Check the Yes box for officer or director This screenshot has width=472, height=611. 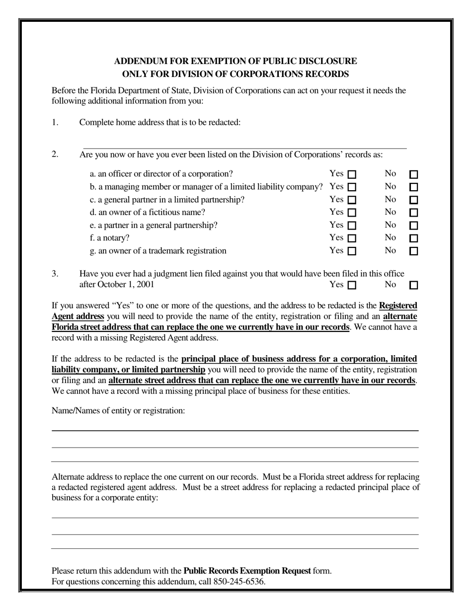[x=352, y=174]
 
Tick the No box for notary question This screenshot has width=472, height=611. [x=413, y=238]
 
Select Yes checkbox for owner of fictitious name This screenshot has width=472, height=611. [x=352, y=213]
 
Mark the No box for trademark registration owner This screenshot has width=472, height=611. [x=413, y=251]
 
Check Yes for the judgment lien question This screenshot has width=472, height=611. [x=352, y=286]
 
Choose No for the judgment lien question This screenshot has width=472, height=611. [x=413, y=286]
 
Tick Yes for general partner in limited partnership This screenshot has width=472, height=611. [x=352, y=200]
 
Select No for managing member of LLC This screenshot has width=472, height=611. [x=413, y=187]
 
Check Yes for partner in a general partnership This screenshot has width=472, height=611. [x=352, y=226]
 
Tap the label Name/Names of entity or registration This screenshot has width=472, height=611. [x=118, y=410]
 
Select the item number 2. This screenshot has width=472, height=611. [x=55, y=154]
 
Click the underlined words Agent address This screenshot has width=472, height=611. [x=78, y=316]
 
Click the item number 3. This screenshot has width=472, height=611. [x=55, y=274]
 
